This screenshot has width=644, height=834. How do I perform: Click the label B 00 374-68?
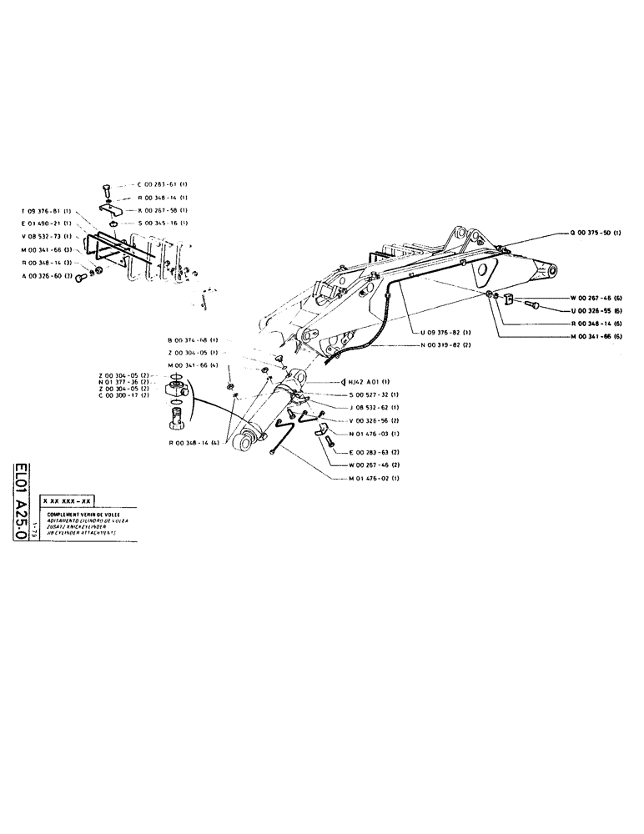191,340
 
